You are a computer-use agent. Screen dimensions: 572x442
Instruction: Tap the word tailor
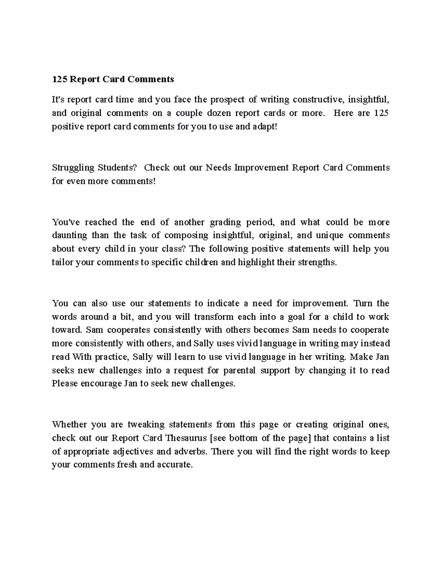point(63,262)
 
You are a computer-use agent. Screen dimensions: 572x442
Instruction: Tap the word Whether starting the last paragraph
point(69,425)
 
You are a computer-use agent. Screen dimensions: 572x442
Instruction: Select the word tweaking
point(146,425)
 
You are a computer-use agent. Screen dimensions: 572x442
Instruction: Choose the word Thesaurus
point(187,438)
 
